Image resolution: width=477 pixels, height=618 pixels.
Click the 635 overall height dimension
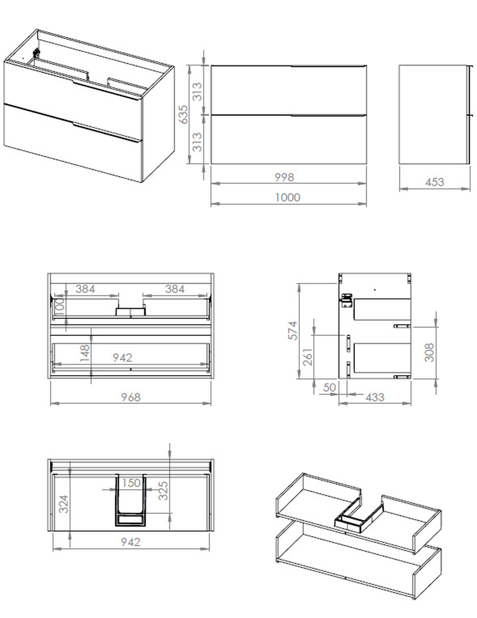coord(184,115)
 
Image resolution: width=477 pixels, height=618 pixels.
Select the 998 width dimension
coord(284,177)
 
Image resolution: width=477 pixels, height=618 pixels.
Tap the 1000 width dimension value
coord(288,197)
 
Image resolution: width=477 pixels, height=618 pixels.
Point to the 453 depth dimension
coord(435,182)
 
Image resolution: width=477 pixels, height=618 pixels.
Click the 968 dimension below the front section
coord(131,397)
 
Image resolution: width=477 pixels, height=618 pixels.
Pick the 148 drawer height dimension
coord(85,353)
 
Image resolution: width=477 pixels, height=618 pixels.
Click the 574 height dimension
coord(293,330)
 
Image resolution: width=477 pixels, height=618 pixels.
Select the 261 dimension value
coord(308,357)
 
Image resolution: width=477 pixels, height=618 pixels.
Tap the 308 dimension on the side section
coord(429,352)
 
